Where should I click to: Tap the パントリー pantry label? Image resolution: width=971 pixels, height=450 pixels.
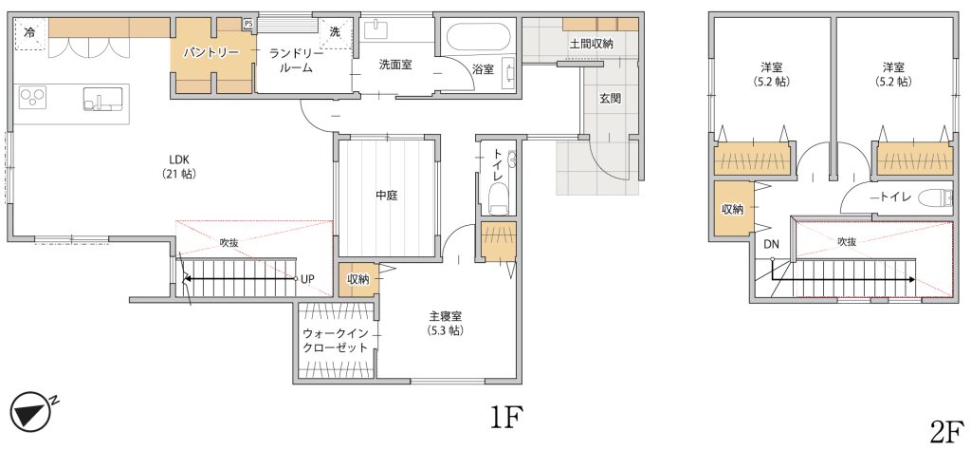coord(211,52)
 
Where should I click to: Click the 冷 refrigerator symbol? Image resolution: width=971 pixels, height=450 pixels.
coord(29,34)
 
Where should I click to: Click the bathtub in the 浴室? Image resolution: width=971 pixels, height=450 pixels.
coord(478,37)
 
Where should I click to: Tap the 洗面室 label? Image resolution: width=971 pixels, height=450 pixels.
coord(396,64)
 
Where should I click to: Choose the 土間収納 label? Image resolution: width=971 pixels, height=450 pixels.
coord(592,44)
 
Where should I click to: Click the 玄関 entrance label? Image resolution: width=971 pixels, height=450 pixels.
coord(610,98)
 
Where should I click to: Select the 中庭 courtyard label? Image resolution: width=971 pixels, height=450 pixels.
coord(387,196)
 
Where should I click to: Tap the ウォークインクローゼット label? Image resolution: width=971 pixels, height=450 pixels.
coord(335,340)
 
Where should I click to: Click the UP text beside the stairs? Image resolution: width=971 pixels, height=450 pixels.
coord(308,279)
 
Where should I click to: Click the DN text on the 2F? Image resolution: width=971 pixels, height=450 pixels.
coord(771,244)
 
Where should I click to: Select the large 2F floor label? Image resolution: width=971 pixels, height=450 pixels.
coord(947,429)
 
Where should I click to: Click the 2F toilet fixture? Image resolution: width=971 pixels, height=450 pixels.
coord(936,197)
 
